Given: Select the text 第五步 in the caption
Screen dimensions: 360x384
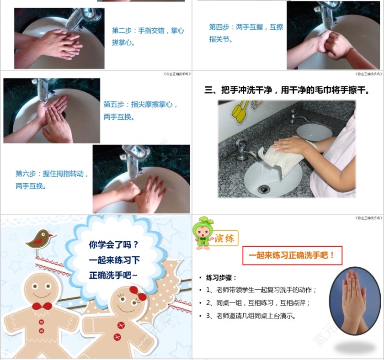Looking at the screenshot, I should click(113, 104).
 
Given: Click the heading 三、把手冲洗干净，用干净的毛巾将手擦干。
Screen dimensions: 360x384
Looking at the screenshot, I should click(287, 90).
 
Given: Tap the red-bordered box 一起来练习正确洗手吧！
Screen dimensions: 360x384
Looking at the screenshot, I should click(292, 255).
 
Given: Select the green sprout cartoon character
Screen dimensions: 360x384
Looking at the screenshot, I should click(203, 233).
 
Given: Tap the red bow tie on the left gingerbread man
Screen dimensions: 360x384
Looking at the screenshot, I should click(42, 306).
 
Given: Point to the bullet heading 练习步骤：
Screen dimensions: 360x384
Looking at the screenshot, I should click(221, 278).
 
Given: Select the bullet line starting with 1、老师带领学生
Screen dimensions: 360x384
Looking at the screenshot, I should click(261, 290).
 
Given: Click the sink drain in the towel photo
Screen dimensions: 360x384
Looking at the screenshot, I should click(263, 189).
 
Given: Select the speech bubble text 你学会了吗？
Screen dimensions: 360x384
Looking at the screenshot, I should click(113, 244).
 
